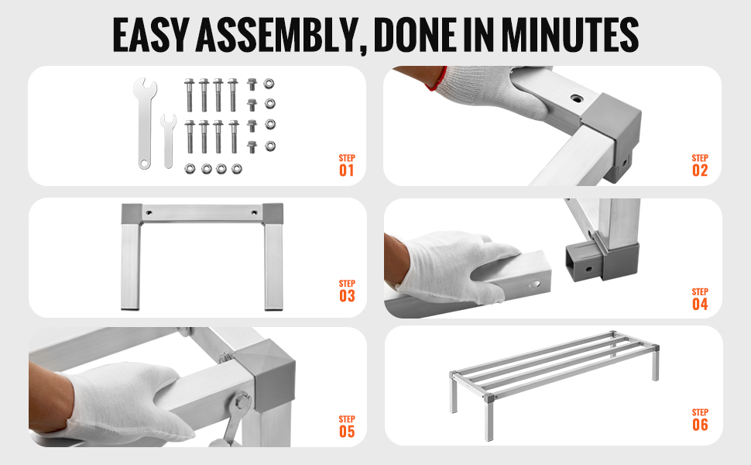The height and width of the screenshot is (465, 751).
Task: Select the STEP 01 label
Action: tap(347, 165)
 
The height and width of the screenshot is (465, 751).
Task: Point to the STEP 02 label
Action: tap(700, 165)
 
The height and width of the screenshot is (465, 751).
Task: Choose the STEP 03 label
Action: tap(347, 291)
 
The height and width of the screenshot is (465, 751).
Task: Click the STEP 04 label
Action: tap(700, 299)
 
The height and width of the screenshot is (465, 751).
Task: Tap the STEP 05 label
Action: tap(347, 427)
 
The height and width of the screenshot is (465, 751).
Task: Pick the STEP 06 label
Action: tap(700, 419)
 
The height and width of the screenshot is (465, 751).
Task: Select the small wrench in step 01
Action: tap(168, 141)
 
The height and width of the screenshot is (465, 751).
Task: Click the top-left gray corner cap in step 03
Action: tap(132, 214)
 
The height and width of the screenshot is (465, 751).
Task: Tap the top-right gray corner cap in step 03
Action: tap(273, 214)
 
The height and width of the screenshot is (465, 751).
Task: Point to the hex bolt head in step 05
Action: tap(242, 401)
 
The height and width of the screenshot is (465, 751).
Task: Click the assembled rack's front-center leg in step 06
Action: tap(488, 417)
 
